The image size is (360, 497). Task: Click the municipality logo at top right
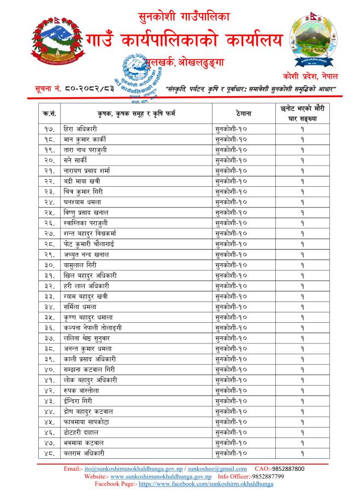click(312, 39)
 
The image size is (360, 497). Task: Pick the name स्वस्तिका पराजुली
click(86, 223)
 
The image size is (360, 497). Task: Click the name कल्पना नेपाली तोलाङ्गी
click(93, 328)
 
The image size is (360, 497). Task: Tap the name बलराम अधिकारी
click(84, 453)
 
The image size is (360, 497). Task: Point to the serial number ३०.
click(49, 264)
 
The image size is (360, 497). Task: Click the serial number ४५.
click(49, 422)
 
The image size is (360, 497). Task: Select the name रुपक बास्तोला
click(81, 390)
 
